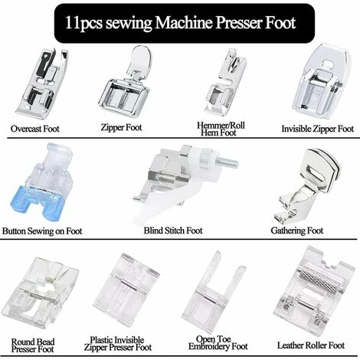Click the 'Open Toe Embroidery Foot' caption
click(222, 342)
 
